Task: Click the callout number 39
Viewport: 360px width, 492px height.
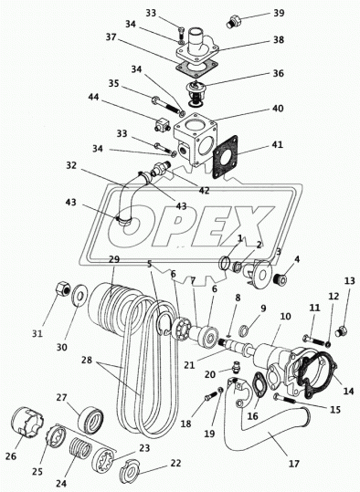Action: click(x=279, y=13)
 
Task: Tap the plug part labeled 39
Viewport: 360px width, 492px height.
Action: click(x=233, y=21)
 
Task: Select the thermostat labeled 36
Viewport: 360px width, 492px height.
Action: click(x=196, y=93)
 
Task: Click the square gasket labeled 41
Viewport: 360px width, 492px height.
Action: click(x=226, y=157)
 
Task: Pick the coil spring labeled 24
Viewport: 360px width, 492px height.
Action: click(x=80, y=449)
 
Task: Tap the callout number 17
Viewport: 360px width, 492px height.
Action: click(x=294, y=464)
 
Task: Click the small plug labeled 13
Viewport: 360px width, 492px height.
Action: click(x=341, y=332)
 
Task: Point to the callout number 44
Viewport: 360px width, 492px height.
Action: click(x=93, y=98)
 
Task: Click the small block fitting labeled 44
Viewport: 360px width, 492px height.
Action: click(x=162, y=124)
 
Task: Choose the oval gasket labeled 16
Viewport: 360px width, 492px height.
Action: click(x=260, y=385)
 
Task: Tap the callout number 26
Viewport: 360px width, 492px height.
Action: click(x=10, y=455)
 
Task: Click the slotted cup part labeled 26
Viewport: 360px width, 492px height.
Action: click(x=27, y=422)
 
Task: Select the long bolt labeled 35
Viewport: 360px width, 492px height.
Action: click(x=167, y=105)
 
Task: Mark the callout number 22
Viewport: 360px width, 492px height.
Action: click(x=176, y=463)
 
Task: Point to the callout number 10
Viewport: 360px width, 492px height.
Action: click(x=286, y=316)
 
